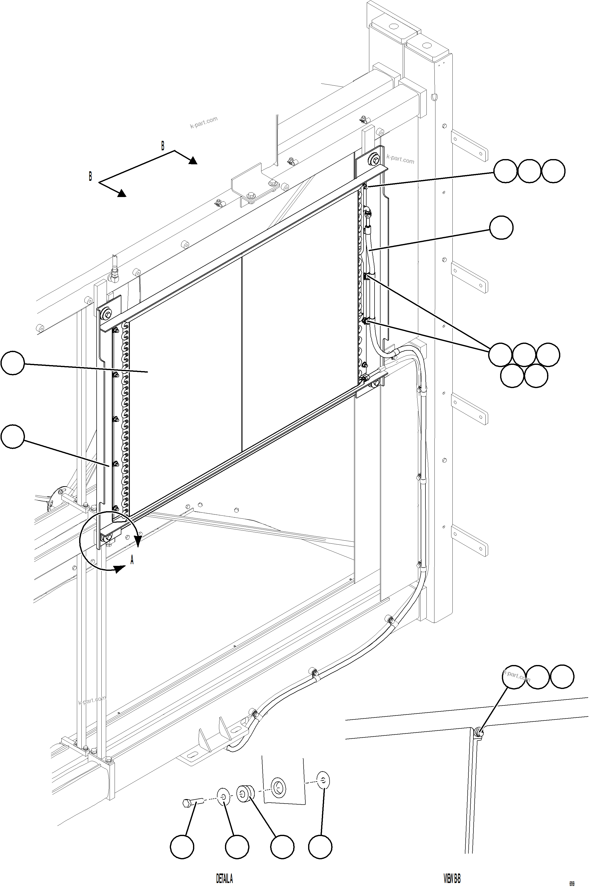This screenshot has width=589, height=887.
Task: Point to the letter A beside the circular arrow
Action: click(x=132, y=560)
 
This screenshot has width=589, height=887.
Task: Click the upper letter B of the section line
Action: click(x=163, y=146)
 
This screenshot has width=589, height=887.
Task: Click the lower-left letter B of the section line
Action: click(x=90, y=176)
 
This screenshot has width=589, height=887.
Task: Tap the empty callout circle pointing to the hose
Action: click(x=501, y=227)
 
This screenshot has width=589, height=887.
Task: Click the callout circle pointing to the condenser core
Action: click(x=13, y=363)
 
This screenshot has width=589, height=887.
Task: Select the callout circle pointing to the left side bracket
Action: click(x=13, y=436)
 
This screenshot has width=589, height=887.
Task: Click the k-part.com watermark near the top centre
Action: click(x=203, y=122)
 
